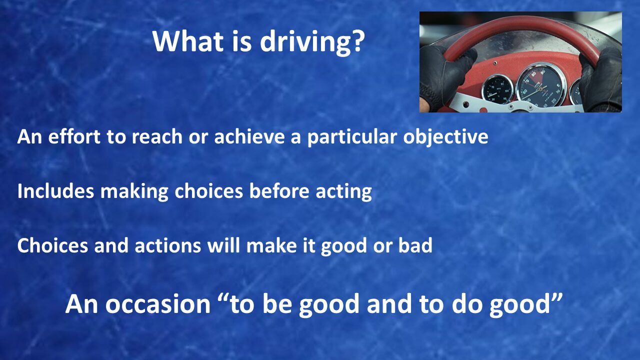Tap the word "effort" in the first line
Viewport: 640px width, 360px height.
tap(74, 136)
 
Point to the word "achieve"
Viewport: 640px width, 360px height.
tap(249, 136)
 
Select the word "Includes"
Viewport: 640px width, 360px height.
tap(55, 191)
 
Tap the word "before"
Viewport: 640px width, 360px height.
tap(279, 191)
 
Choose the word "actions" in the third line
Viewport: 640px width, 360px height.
tap(167, 245)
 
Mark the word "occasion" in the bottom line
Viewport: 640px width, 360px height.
tap(158, 304)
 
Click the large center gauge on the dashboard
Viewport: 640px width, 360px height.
tap(541, 85)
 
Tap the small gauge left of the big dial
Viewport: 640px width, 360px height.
tap(497, 89)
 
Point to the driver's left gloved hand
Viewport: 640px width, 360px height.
tap(445, 76)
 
